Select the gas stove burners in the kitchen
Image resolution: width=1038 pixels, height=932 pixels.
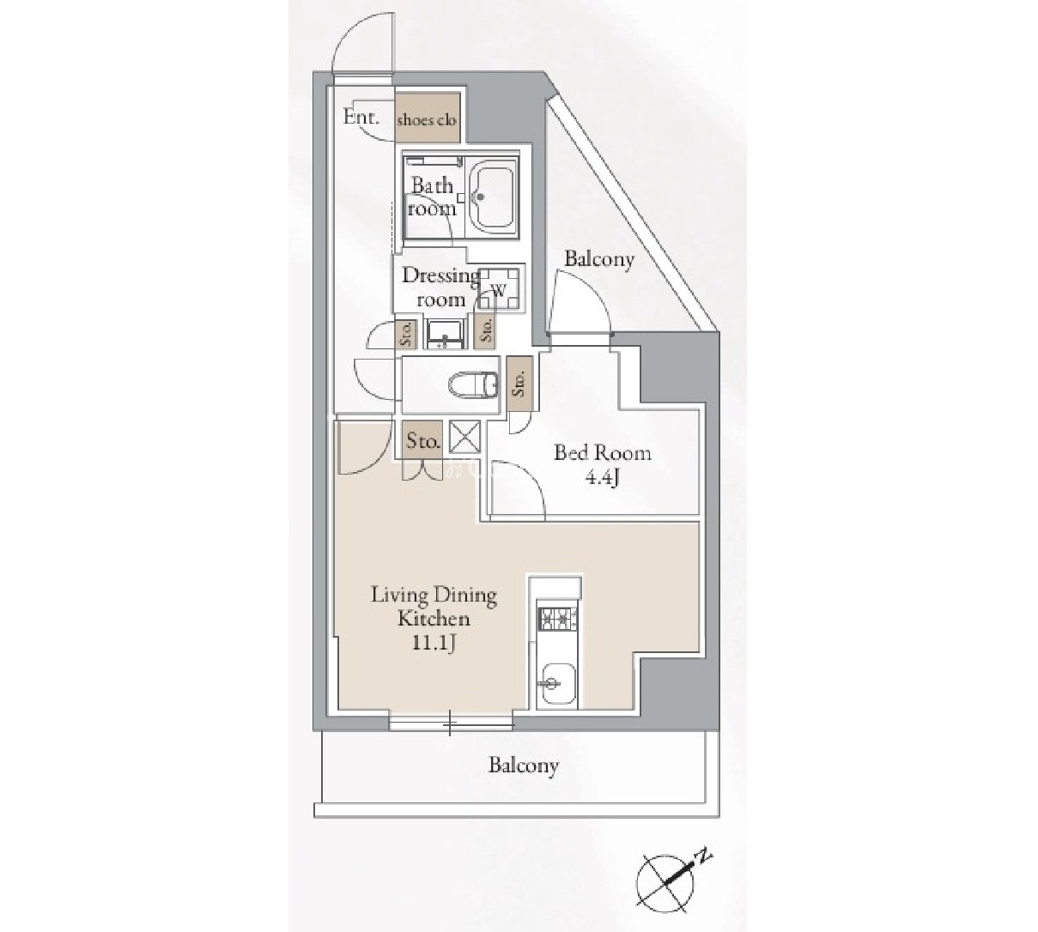557,620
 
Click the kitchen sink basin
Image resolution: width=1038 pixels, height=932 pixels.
557,685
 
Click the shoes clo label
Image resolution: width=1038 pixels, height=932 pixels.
426,120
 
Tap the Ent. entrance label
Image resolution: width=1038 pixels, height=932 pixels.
361,118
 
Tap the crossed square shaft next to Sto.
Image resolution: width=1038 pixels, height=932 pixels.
464,436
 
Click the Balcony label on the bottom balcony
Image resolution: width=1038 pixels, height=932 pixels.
523,766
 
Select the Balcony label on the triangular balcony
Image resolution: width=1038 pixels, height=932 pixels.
599,260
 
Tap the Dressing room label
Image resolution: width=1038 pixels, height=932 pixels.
441,287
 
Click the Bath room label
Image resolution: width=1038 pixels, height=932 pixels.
432,197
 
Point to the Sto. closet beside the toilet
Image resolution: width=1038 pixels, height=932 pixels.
519,383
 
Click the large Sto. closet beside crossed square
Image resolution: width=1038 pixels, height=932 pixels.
422,440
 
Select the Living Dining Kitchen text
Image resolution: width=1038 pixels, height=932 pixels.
434,608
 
